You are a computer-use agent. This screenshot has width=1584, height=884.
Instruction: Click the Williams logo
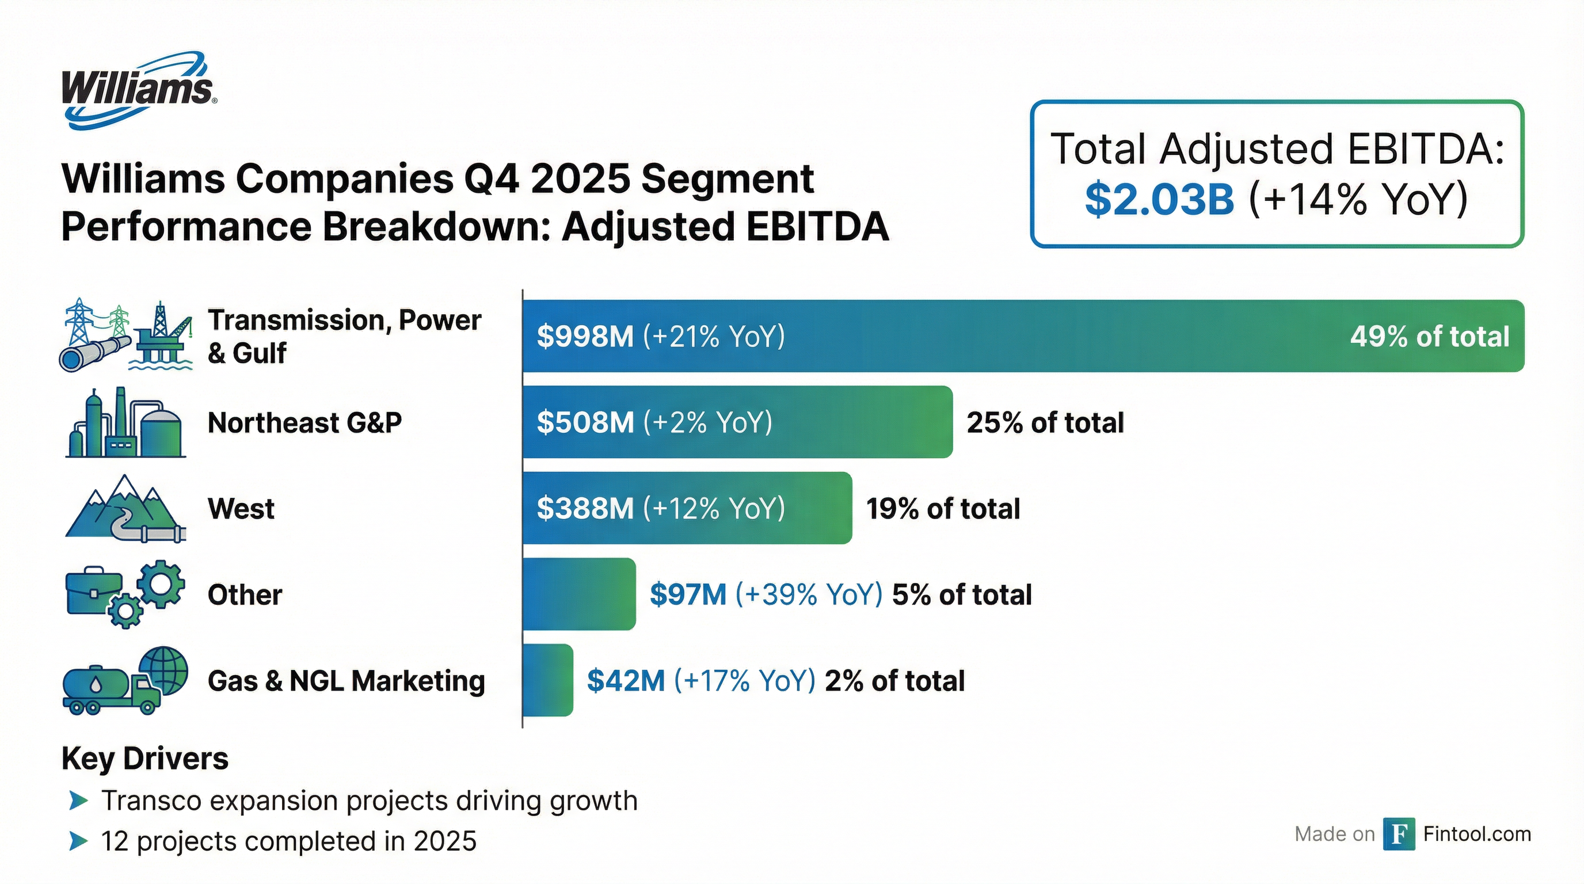coord(138,90)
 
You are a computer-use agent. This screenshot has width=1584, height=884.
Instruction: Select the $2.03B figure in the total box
coord(1159,199)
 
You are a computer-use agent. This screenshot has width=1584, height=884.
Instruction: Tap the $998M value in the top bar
coord(584,336)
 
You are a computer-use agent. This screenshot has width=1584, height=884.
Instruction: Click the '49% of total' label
coord(1429,336)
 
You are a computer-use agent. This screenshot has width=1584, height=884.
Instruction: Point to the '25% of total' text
coord(1045,422)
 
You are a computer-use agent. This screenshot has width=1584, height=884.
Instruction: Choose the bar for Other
coord(578,594)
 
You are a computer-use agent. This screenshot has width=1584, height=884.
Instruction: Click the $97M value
coord(687,595)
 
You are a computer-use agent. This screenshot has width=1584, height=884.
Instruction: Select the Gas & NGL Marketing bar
coord(547,680)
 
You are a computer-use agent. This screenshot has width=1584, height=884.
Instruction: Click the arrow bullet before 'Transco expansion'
coord(78,801)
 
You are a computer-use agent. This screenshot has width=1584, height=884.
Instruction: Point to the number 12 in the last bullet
coord(115,841)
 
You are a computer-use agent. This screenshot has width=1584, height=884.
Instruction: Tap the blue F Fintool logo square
coord(1398,834)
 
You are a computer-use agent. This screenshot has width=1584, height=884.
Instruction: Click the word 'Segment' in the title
coord(727,179)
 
